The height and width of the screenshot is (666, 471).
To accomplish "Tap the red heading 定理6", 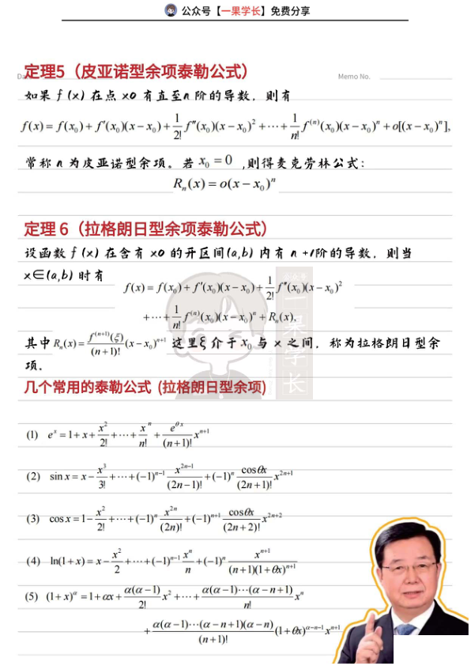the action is click(47, 229).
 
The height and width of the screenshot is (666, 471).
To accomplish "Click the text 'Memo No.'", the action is click(353, 77).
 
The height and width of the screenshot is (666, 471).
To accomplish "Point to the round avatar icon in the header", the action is click(171, 10).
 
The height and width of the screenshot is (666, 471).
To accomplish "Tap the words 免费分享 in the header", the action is click(290, 11).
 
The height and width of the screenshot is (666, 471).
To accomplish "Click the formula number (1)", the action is click(32, 435).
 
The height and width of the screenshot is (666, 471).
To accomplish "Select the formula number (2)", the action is click(32, 476).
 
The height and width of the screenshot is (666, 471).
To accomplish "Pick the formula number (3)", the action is click(32, 519).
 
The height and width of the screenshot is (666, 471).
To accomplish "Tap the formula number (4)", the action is click(32, 561).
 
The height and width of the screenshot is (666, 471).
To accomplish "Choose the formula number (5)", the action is click(32, 595).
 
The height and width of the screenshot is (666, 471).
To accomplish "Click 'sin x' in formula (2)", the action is click(60, 476).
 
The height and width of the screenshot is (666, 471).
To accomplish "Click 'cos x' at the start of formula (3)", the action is click(60, 519).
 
